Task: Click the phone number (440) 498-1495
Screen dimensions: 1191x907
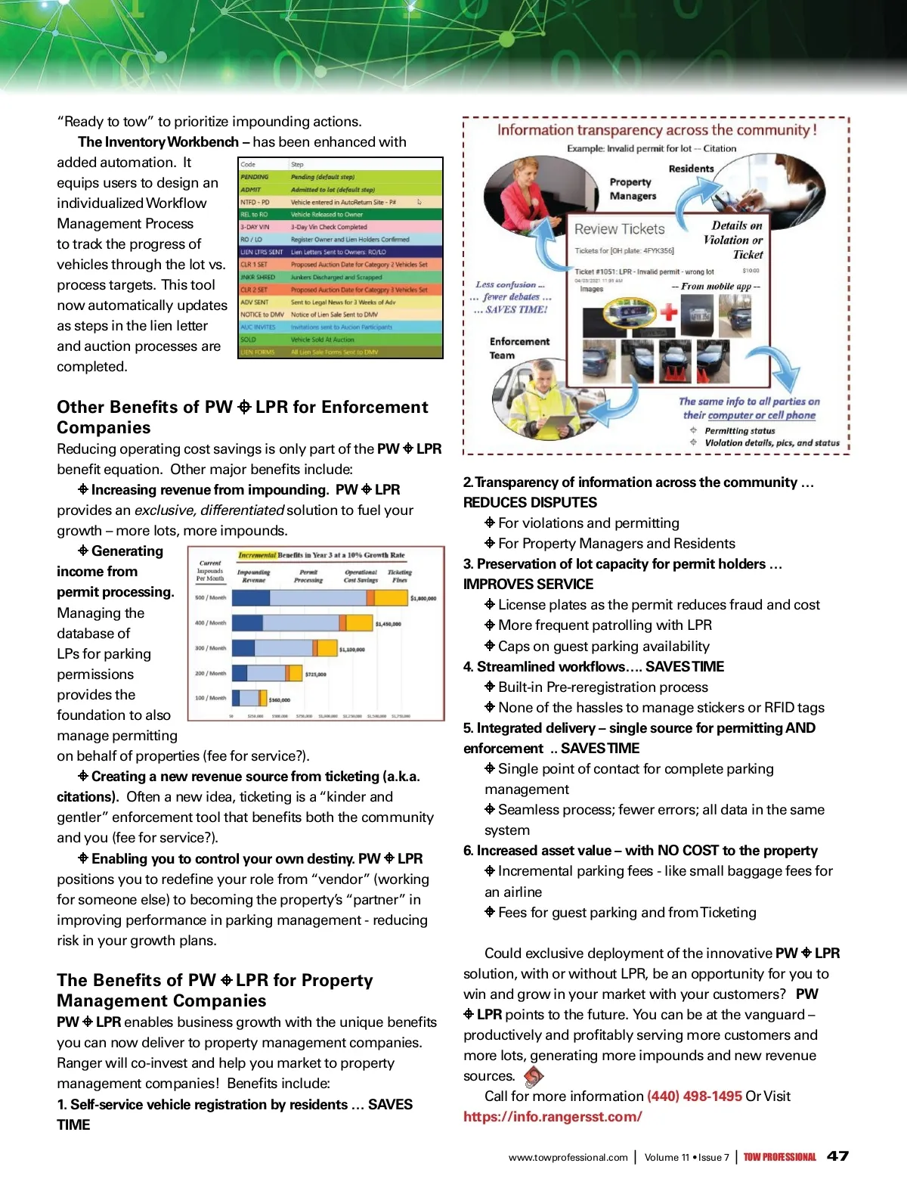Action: pos(694,1096)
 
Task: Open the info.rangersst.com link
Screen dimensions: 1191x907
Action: pos(553,1117)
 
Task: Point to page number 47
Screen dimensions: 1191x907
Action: pos(837,1156)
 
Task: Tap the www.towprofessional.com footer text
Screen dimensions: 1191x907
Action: pos(568,1157)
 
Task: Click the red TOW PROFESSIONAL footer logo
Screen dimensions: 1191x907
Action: pos(779,1157)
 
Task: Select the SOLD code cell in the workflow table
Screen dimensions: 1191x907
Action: pos(249,340)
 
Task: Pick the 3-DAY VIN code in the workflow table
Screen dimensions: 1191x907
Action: pos(255,227)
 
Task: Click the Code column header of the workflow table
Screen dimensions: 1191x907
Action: pos(248,164)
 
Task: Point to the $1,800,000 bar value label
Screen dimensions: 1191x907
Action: pos(423,598)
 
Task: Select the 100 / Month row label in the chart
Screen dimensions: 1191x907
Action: pos(210,698)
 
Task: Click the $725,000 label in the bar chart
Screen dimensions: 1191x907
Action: pos(315,674)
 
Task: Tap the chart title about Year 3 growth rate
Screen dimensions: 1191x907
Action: pos(321,555)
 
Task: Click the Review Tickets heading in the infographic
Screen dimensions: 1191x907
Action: pos(619,229)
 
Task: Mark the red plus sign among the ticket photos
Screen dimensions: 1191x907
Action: pos(668,311)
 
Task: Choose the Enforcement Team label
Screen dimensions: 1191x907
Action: pos(519,348)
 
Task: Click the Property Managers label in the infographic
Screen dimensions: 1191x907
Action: pos(632,189)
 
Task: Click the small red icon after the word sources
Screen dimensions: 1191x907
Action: pos(534,1075)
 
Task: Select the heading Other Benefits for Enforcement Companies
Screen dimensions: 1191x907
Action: pos(242,417)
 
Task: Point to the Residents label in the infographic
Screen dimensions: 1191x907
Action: pos(691,169)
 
